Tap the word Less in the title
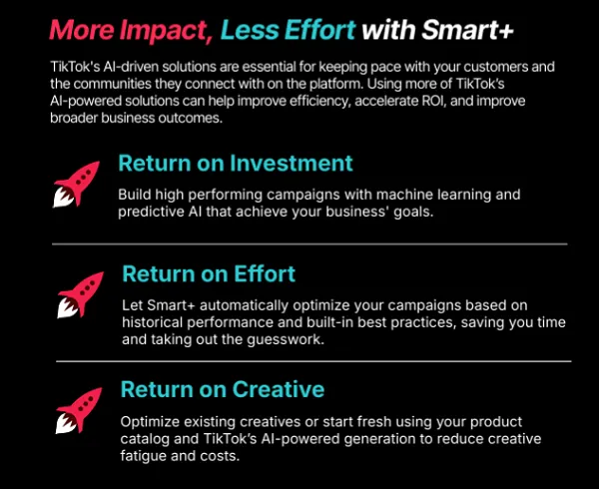(x=248, y=30)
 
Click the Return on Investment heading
(x=236, y=163)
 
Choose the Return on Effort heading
(x=209, y=272)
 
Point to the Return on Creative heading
(x=223, y=388)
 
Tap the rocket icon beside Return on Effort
(x=81, y=296)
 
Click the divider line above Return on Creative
(x=312, y=361)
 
